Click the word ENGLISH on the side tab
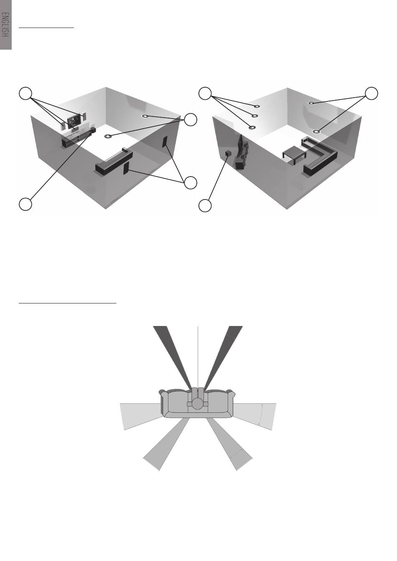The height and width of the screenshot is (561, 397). click(5, 25)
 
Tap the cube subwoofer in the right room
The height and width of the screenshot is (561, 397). click(228, 154)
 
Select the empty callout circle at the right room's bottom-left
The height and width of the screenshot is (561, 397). click(205, 206)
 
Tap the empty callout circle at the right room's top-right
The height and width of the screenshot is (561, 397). click(372, 93)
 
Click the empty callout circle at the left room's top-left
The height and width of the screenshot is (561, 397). click(25, 93)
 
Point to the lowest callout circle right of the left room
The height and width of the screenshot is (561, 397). click(190, 182)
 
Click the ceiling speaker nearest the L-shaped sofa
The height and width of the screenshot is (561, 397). click(317, 131)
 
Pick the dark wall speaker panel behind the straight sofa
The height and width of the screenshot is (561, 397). click(126, 168)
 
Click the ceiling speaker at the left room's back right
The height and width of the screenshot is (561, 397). click(146, 116)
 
